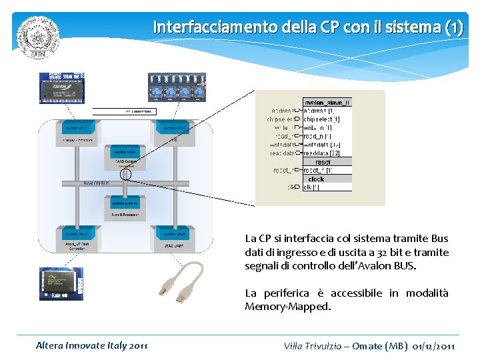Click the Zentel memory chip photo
point(61,87)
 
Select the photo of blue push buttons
point(177,87)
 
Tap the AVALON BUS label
point(96,183)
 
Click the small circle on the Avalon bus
point(125,175)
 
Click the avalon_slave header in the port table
point(327,102)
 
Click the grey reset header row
point(327,162)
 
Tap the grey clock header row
point(327,179)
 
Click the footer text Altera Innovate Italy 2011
point(92,345)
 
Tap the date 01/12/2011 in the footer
point(434,346)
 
